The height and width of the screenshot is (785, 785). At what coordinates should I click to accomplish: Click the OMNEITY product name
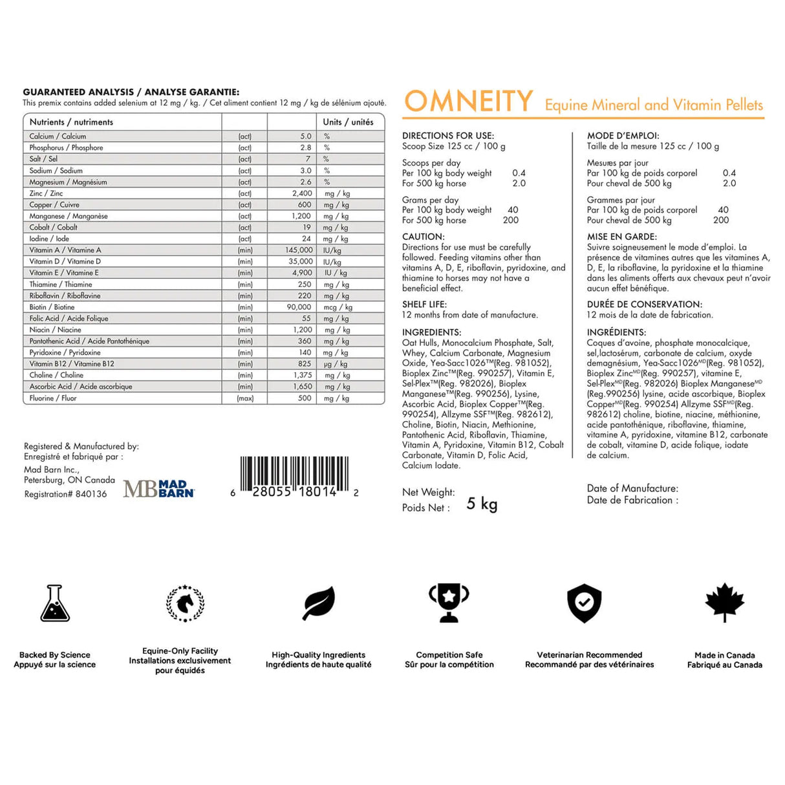468,102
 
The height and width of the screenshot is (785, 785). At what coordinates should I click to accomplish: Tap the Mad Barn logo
159,489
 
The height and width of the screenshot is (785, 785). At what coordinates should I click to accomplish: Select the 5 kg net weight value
482,504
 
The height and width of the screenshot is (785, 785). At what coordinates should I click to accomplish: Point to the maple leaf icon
725,603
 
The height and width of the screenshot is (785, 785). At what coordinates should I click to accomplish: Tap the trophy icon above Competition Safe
449,603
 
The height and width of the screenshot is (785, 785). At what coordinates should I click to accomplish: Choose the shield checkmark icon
584,603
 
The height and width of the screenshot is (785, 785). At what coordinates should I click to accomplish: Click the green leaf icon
319,603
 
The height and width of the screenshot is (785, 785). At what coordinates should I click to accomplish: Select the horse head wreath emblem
185,603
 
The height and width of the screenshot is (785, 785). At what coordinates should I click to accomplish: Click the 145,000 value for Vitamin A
299,250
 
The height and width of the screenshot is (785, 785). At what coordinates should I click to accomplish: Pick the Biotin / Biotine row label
52,307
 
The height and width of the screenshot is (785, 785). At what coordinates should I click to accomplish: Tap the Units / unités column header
348,122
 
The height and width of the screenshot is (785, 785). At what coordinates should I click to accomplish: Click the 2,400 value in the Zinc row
302,193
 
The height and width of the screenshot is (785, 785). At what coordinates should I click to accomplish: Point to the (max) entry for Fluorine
245,398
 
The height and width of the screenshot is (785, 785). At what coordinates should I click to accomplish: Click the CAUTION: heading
424,237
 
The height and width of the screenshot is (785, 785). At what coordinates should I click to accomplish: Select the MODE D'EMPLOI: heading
623,136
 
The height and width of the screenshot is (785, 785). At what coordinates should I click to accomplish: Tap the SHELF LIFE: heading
424,304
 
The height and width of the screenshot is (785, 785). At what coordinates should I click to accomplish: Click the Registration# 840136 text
65,494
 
